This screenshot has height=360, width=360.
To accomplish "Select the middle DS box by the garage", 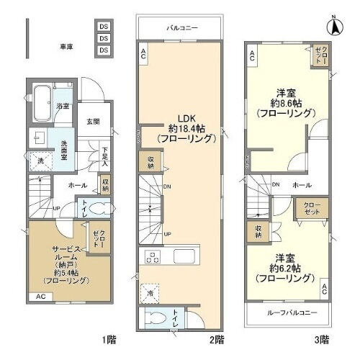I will (104, 37).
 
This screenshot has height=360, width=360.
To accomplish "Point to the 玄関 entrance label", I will (94, 121).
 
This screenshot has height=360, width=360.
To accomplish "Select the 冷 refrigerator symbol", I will (151, 292).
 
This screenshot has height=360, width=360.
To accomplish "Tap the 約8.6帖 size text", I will (287, 103).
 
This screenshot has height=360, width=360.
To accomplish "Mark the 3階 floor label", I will (321, 339).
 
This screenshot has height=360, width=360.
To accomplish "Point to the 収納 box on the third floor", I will (258, 231).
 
